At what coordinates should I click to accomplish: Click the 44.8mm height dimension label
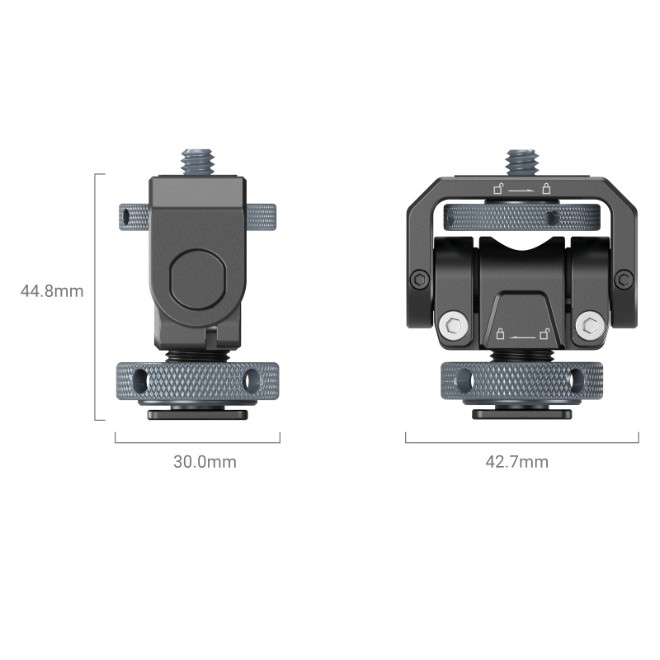pyautogui.click(x=52, y=291)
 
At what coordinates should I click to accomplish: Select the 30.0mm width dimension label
pyautogui.click(x=205, y=462)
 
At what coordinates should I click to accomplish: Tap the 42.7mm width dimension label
pyautogui.click(x=517, y=462)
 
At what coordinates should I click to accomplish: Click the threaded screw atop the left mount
pyautogui.click(x=198, y=161)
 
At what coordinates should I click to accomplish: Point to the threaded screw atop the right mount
pyautogui.click(x=522, y=162)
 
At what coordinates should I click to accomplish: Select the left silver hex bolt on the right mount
pyautogui.click(x=454, y=325)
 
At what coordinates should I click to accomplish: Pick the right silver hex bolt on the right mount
pyautogui.click(x=590, y=325)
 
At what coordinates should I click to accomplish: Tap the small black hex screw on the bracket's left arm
pyautogui.click(x=420, y=279)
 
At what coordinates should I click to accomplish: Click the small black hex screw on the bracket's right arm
pyautogui.click(x=625, y=279)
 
